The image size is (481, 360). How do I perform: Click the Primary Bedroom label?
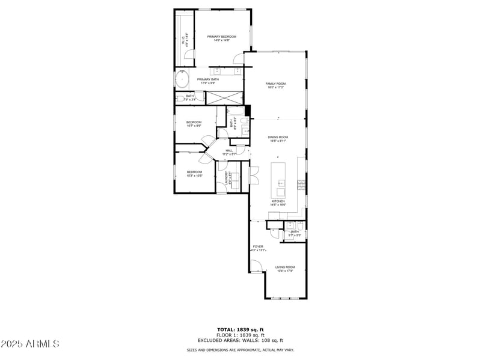221,38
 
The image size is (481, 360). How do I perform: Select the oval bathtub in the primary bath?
182,79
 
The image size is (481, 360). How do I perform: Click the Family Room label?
275,85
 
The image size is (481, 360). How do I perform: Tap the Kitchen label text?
278,203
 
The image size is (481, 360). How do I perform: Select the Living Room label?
285,269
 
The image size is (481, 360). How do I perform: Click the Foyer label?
257,248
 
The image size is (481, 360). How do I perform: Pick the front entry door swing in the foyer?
256,266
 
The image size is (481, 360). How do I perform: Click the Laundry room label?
228,178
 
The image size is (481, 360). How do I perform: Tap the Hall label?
229,152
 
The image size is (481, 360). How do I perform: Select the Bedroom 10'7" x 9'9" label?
194,124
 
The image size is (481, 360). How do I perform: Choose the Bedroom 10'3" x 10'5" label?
194,174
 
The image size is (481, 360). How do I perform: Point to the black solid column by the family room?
247,110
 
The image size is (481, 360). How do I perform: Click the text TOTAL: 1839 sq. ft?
240,329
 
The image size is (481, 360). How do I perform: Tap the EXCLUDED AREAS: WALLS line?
240,340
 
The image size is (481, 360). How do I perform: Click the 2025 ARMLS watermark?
30,344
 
